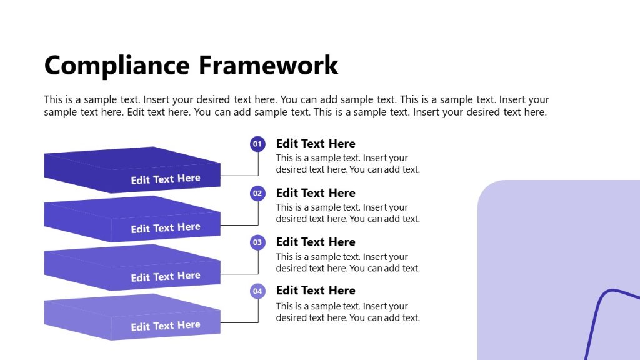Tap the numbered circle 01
tap(257, 144)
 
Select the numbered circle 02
tap(257, 194)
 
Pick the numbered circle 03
tap(257, 242)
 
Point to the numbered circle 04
tap(257, 291)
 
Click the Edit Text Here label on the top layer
tap(166, 179)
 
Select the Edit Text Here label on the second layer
tap(166, 228)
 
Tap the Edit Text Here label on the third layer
tap(166, 277)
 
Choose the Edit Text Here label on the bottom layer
tap(166, 326)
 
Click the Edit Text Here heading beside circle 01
tap(316, 144)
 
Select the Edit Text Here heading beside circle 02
tap(316, 193)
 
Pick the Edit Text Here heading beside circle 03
tap(316, 242)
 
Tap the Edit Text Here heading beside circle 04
tap(316, 291)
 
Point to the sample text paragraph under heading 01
tap(347, 164)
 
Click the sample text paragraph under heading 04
tap(347, 312)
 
